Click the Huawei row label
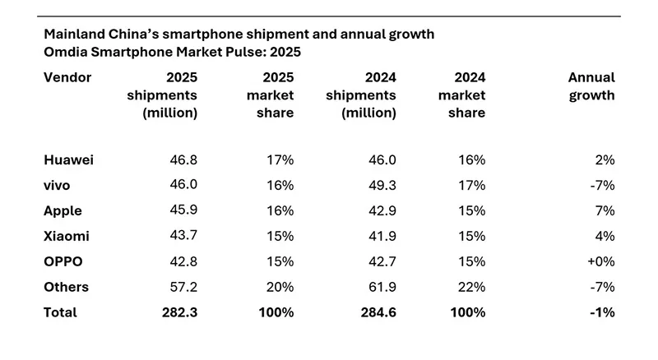(x=68, y=160)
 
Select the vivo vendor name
(x=59, y=185)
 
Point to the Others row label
(x=66, y=287)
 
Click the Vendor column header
(x=67, y=77)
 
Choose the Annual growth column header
(x=591, y=86)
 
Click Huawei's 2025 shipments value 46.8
(x=183, y=160)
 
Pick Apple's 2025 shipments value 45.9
(x=183, y=210)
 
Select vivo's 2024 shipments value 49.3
(x=382, y=185)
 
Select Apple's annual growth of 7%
(x=605, y=210)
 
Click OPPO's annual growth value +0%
(x=600, y=261)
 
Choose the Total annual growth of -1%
(x=602, y=312)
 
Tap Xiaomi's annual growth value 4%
(x=605, y=236)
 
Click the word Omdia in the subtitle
(x=65, y=52)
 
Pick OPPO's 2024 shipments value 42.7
(x=382, y=261)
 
